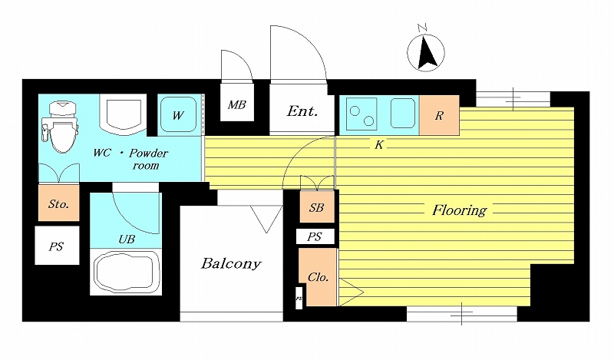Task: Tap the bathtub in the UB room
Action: point(126,272)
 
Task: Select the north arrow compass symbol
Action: point(426,51)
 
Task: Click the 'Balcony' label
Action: point(231,263)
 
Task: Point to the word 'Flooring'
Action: point(459,210)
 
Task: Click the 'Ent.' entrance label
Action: point(302,111)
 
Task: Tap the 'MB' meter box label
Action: point(237,104)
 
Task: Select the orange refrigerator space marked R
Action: point(439,116)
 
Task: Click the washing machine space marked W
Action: point(179,115)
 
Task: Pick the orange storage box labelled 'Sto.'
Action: point(59,203)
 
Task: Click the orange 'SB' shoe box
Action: point(317,206)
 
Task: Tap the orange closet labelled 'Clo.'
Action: point(318,277)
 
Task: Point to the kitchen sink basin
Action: point(402,113)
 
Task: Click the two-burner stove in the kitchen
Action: point(361,114)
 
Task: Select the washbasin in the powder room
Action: point(124,114)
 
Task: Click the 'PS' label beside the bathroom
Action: point(56,246)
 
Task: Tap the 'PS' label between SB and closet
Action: point(315,236)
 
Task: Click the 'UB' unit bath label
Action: point(127,239)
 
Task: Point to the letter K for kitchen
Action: point(378,145)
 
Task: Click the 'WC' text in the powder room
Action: point(102,153)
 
